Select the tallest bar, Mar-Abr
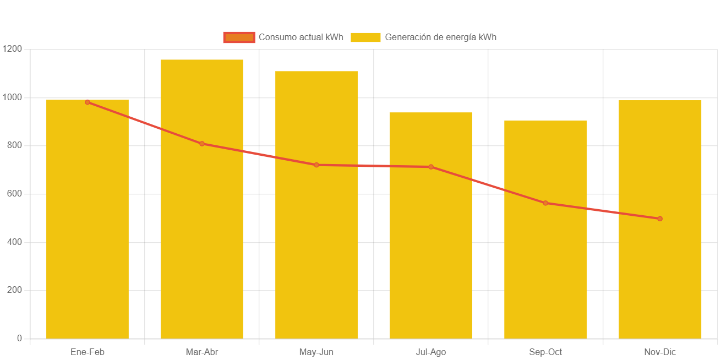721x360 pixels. pyautogui.click(x=202, y=220)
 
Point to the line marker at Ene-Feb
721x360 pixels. pyautogui.click(x=88, y=102)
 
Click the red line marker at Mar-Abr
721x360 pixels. pyautogui.click(x=202, y=144)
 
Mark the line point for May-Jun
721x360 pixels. pyautogui.click(x=316, y=165)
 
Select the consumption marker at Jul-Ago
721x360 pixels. pyautogui.click(x=431, y=167)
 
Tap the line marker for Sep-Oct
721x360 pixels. pyautogui.click(x=545, y=203)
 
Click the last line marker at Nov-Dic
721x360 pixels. pyautogui.click(x=660, y=219)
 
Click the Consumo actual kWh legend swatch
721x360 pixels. pyautogui.click(x=239, y=37)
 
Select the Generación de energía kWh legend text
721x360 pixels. pyautogui.click(x=440, y=37)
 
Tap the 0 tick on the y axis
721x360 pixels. pyautogui.click(x=19, y=338)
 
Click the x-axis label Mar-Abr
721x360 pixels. pyautogui.click(x=202, y=352)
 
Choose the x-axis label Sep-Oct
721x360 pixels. pyautogui.click(x=545, y=352)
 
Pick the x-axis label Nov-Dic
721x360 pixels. pyautogui.click(x=660, y=352)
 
